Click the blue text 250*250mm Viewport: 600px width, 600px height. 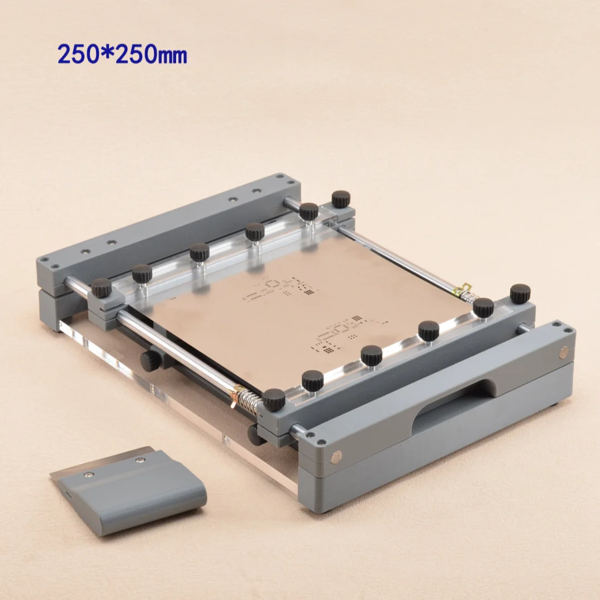(x=122, y=54)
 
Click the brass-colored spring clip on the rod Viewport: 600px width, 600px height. (x=462, y=289)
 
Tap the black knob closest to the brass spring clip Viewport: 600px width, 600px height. (x=483, y=307)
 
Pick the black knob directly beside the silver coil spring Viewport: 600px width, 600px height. (x=274, y=399)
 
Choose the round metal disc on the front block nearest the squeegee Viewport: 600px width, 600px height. (x=336, y=456)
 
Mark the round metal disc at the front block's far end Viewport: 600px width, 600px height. (x=564, y=352)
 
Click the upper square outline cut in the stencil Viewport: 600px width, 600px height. (x=272, y=283)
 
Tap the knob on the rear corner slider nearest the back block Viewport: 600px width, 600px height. (x=341, y=198)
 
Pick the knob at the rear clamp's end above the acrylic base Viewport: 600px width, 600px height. (x=101, y=287)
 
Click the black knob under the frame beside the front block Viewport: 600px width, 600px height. (x=256, y=434)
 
